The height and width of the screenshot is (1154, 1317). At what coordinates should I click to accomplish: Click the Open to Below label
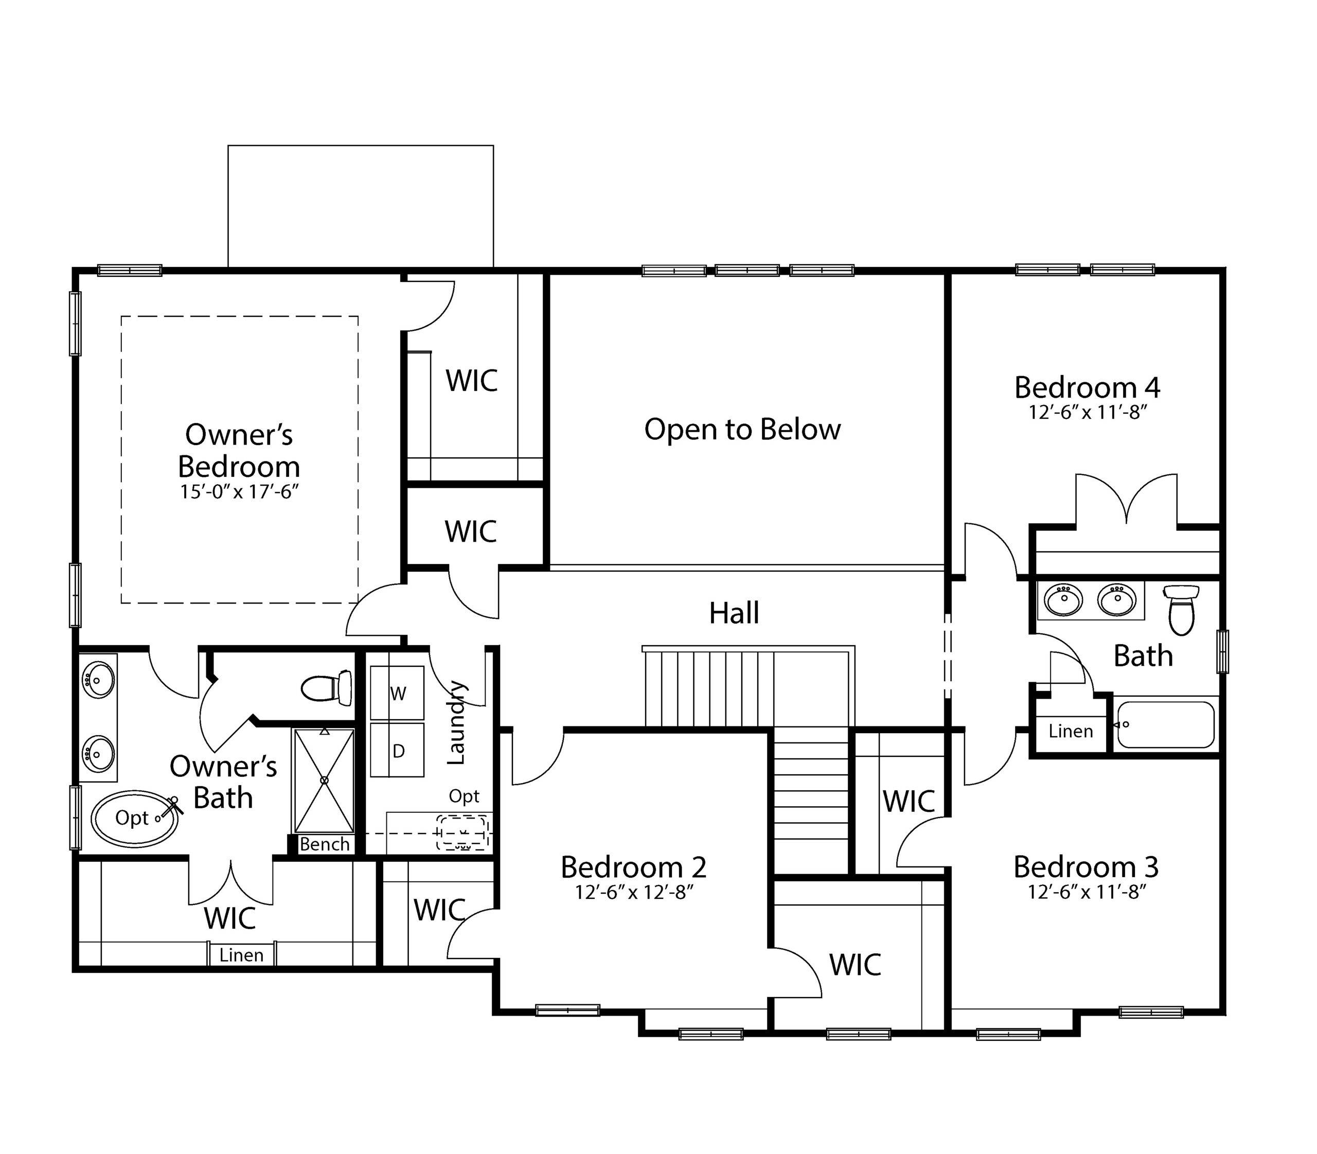(742, 430)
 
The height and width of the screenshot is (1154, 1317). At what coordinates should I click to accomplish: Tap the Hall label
(734, 613)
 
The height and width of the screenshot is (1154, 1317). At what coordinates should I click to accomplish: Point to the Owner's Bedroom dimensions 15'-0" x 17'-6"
(240, 492)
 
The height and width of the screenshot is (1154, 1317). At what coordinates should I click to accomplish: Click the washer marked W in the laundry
(397, 693)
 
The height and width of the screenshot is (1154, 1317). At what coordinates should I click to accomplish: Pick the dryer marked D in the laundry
(397, 750)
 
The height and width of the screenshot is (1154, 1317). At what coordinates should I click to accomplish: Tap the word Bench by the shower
(325, 844)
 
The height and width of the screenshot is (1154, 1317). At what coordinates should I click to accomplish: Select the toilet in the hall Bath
(1182, 610)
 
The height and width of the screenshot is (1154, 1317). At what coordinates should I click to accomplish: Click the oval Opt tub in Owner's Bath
(135, 819)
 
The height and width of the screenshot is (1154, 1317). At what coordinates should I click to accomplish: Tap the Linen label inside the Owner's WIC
(241, 955)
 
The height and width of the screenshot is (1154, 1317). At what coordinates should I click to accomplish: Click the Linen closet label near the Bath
(1071, 731)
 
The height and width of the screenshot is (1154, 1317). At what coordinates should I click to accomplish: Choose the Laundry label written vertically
(455, 722)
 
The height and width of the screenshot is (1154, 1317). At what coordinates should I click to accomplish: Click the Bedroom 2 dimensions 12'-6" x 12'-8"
(634, 892)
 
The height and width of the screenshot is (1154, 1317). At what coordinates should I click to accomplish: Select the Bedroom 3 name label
(1087, 867)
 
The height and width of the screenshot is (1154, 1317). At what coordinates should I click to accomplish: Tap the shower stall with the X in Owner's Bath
(324, 780)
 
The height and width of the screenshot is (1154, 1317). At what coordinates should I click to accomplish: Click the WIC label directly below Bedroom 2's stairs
(855, 965)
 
